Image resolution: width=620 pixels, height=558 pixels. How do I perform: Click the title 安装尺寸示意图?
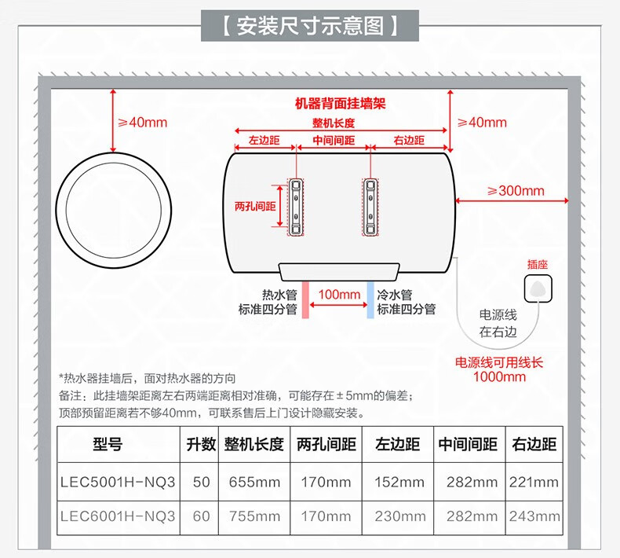(310, 25)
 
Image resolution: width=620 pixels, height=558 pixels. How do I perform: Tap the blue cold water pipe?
(370, 299)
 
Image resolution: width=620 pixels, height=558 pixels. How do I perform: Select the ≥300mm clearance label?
(515, 191)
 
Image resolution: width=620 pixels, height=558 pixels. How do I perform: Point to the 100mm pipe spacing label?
(340, 295)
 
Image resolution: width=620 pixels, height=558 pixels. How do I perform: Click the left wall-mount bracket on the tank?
(296, 206)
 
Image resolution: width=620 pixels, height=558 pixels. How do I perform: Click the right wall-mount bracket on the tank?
(370, 206)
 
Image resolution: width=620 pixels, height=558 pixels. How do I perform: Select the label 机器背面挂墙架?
(341, 103)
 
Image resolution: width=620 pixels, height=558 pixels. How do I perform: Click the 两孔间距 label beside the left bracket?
(255, 206)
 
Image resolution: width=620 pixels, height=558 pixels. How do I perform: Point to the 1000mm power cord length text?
(499, 376)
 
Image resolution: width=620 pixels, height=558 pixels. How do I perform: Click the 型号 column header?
(108, 445)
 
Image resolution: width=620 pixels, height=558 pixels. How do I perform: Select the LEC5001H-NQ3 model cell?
(118, 482)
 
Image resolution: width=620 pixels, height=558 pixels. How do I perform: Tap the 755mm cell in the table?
(253, 516)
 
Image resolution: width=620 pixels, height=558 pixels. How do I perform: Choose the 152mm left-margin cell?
(399, 482)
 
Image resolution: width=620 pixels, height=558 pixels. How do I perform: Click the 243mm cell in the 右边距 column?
(534, 516)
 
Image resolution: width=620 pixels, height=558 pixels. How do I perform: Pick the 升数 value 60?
(201, 516)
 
